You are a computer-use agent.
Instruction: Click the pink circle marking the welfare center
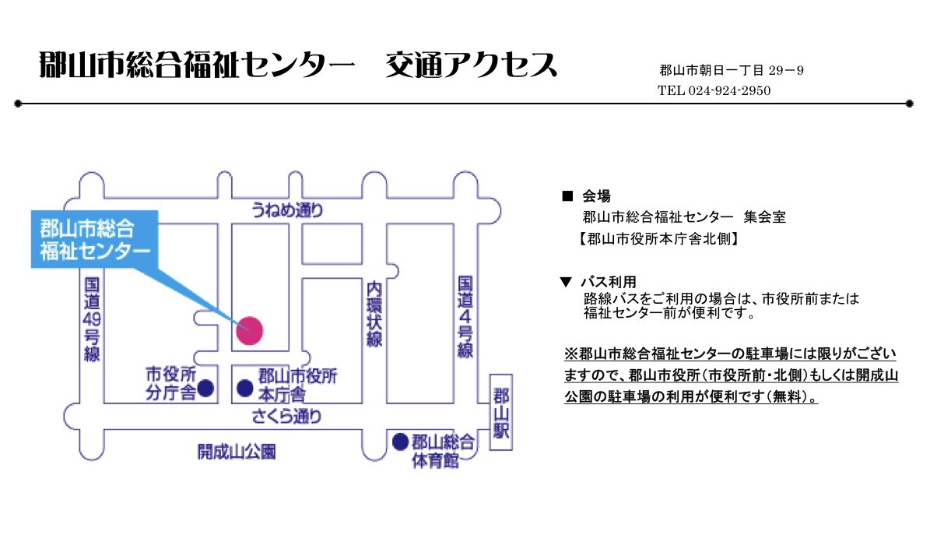click(x=250, y=331)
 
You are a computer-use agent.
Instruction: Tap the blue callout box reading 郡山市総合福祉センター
click(x=94, y=240)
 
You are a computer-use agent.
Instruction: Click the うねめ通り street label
click(x=286, y=209)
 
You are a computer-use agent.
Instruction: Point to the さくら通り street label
click(x=286, y=417)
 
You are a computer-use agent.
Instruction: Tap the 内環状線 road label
click(x=375, y=315)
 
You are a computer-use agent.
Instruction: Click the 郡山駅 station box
click(x=502, y=412)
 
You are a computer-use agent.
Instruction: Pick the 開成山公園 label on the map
click(x=237, y=452)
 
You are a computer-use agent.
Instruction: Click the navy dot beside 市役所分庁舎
click(x=206, y=386)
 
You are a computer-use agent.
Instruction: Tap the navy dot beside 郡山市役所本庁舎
click(x=244, y=386)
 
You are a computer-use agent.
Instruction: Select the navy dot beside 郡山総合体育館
click(x=400, y=442)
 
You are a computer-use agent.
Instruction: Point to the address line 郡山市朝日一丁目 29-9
click(x=731, y=71)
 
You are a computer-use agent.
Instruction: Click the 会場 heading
click(x=596, y=196)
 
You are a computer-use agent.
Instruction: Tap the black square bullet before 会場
click(x=567, y=196)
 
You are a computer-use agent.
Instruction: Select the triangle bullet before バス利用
click(x=567, y=282)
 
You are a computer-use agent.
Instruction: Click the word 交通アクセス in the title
click(x=472, y=66)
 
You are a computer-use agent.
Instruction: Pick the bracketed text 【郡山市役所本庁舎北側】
click(x=658, y=239)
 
